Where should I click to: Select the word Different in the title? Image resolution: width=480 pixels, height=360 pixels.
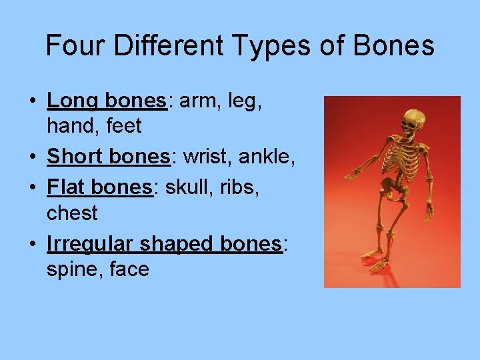pos(167,46)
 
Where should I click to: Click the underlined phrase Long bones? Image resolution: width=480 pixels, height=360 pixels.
pos(106,101)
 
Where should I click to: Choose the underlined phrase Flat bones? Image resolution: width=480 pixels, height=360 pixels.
pos(100,187)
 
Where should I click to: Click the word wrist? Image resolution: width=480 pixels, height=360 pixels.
pos(206,157)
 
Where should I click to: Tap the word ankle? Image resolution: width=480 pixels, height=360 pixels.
pos(268,157)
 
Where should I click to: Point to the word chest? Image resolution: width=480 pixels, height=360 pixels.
pos(72,213)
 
